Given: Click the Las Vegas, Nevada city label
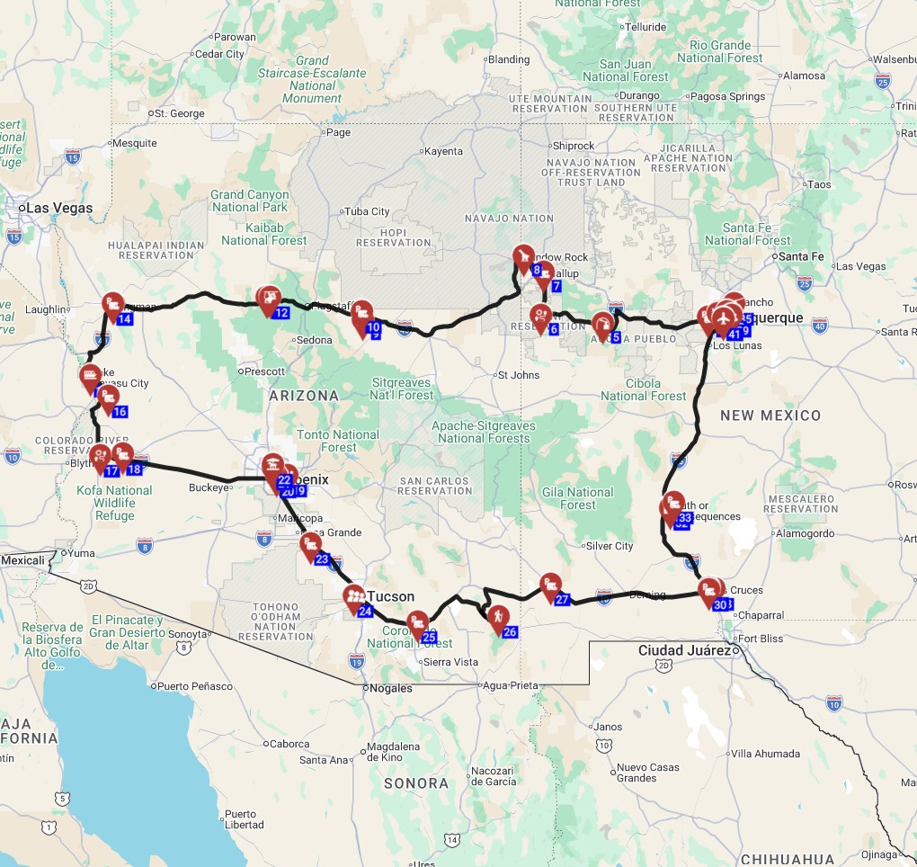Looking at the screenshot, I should pyautogui.click(x=58, y=208).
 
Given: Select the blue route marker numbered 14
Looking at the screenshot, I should pyautogui.click(x=125, y=318).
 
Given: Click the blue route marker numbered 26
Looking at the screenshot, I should pyautogui.click(x=510, y=632).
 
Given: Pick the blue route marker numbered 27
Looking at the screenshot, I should pyautogui.click(x=563, y=600).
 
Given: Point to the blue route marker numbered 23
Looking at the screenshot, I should pyautogui.click(x=323, y=559).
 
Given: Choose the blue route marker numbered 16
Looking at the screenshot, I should pyautogui.click(x=120, y=412).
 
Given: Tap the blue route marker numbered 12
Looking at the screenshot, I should pyautogui.click(x=281, y=313).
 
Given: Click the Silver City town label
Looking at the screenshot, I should pyautogui.click(x=609, y=546).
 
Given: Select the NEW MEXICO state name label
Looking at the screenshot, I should pyautogui.click(x=770, y=416).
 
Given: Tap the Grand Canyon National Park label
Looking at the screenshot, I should pyautogui.click(x=250, y=201).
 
